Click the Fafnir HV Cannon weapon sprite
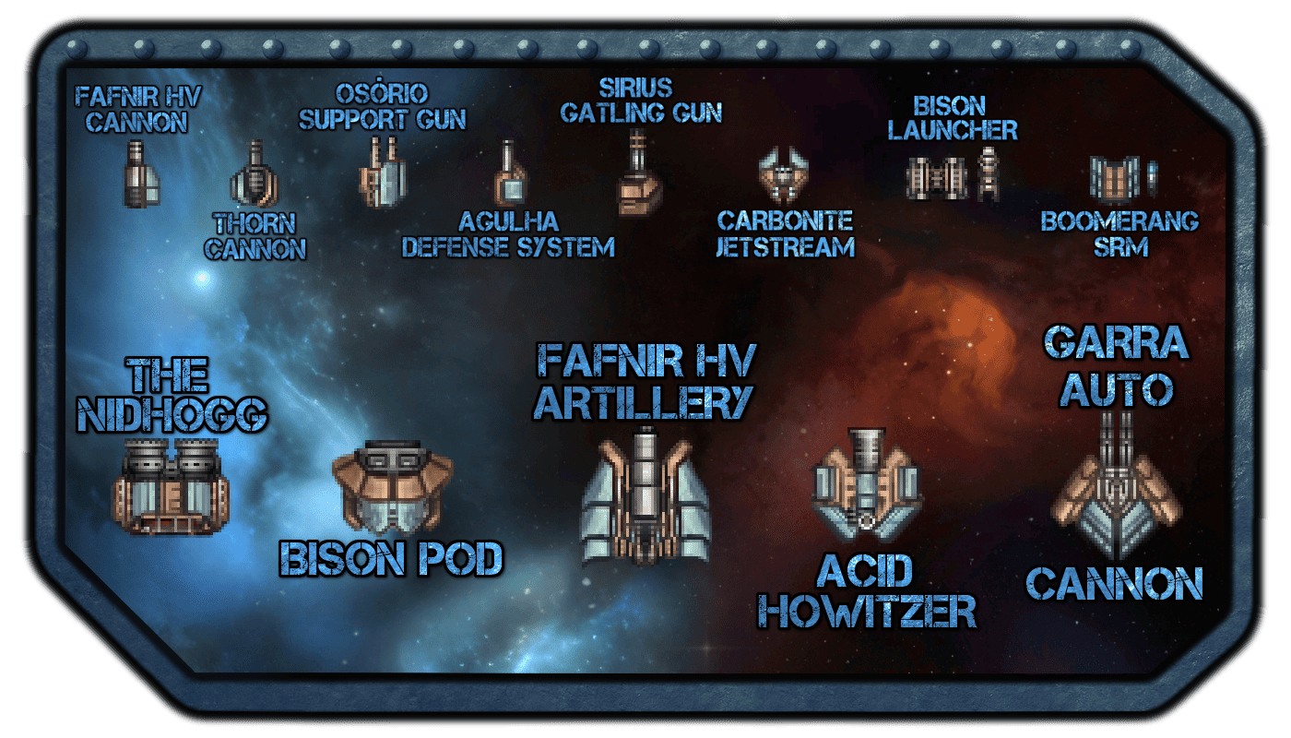(x=141, y=174)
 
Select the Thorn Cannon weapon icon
(x=255, y=173)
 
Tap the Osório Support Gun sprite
(x=383, y=172)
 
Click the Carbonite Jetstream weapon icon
(x=783, y=175)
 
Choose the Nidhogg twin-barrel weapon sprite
(x=171, y=487)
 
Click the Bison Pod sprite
(x=393, y=487)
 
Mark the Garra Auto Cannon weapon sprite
(x=1116, y=485)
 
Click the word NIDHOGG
(x=172, y=414)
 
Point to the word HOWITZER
(x=867, y=611)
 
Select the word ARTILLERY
(x=644, y=402)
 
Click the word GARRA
(x=1117, y=342)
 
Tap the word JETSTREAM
(x=785, y=247)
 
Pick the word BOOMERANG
(x=1119, y=221)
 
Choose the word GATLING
(x=612, y=113)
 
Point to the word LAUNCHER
(x=952, y=130)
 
